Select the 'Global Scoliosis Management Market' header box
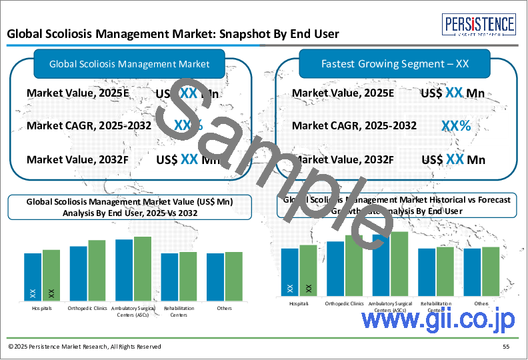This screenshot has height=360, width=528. [130, 64]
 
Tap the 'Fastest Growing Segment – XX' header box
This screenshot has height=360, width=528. [395, 64]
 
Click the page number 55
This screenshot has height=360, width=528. [506, 347]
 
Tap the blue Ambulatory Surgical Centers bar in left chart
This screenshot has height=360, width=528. [124, 269]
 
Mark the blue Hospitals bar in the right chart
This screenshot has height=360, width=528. [289, 271]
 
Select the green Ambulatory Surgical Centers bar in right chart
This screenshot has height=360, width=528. [399, 263]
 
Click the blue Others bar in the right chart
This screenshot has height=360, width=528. [472, 271]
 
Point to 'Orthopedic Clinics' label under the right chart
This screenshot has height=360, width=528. [345, 303]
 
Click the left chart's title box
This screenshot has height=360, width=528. [130, 207]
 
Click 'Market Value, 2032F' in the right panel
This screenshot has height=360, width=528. [343, 159]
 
